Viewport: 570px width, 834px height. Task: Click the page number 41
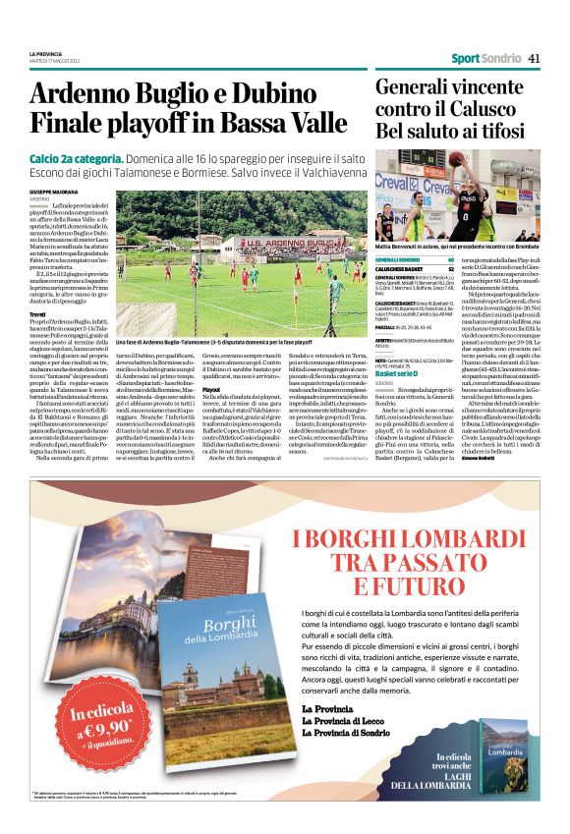[535, 58]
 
